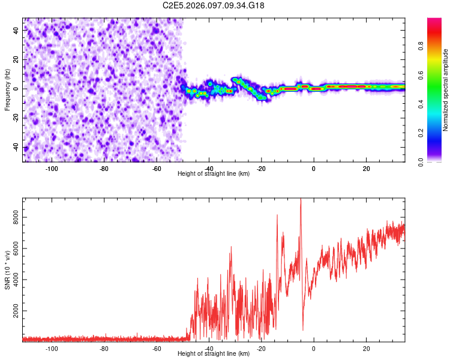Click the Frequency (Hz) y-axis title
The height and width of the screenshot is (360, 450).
point(7,89)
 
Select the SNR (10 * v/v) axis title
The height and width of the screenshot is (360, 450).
point(7,269)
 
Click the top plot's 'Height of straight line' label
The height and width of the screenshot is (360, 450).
point(214,173)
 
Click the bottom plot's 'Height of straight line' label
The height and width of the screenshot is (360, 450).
point(214,353)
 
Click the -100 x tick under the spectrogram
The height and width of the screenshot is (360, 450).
point(51,168)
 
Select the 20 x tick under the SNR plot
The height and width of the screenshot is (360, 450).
point(366,348)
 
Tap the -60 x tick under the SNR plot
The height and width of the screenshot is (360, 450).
point(156,348)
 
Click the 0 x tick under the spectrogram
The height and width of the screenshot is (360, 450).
point(313,168)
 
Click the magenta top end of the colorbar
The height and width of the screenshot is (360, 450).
point(434,21)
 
